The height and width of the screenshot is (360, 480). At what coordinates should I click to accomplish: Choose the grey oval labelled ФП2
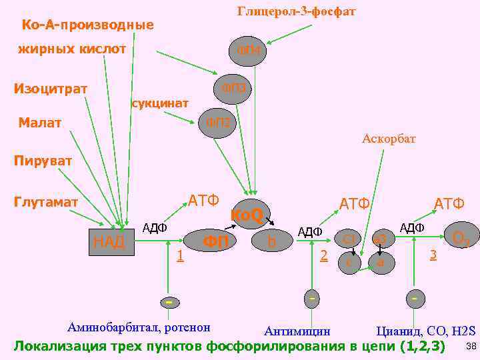[218, 123]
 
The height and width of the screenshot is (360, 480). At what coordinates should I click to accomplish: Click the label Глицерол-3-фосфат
[297, 11]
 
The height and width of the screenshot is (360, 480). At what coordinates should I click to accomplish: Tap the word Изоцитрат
[51, 89]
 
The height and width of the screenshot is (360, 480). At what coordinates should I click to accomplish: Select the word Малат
[40, 123]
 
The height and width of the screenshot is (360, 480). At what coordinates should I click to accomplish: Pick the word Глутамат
[46, 202]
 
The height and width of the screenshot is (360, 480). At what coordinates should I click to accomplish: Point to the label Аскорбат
[389, 139]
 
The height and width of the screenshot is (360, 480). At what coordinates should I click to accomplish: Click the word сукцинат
[160, 103]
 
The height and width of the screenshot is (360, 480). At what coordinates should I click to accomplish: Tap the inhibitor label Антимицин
[297, 331]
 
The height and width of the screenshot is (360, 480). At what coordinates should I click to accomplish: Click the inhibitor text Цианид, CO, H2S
[426, 331]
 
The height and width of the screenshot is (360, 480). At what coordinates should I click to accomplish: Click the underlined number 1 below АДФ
[179, 255]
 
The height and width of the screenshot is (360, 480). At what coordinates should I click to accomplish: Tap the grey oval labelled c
[349, 263]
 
